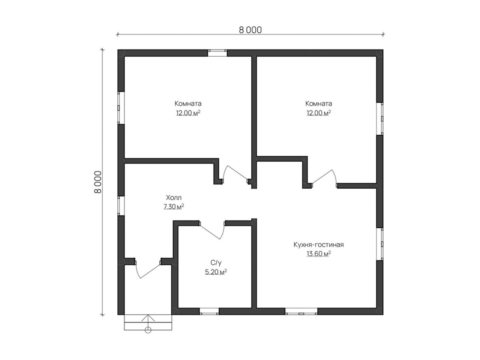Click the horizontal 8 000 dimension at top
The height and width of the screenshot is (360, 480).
tap(250, 30)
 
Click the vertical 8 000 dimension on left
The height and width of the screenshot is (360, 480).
tap(98, 182)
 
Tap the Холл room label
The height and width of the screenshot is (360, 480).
tap(174, 198)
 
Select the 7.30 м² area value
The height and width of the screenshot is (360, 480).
tap(174, 207)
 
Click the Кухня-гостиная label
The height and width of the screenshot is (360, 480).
tap(318, 244)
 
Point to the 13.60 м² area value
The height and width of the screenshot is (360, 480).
tap(318, 254)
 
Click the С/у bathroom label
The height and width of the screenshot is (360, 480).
tap(216, 263)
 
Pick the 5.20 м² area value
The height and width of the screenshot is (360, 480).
tap(216, 272)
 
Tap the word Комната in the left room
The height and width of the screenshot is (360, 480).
tap(188, 103)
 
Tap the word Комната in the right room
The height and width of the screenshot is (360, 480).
tap(319, 103)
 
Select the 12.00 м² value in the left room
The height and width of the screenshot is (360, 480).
tap(188, 113)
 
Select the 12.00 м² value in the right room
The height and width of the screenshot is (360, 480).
tap(319, 113)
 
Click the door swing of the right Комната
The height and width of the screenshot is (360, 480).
tap(324, 176)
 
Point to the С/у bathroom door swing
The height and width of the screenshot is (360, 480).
tap(211, 232)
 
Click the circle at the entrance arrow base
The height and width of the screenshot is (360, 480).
tap(148, 330)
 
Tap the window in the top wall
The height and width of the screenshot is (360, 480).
tap(217, 53)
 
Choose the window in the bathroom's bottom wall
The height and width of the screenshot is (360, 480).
tap(209, 312)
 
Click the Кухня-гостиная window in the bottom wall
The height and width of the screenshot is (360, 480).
tap(301, 312)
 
